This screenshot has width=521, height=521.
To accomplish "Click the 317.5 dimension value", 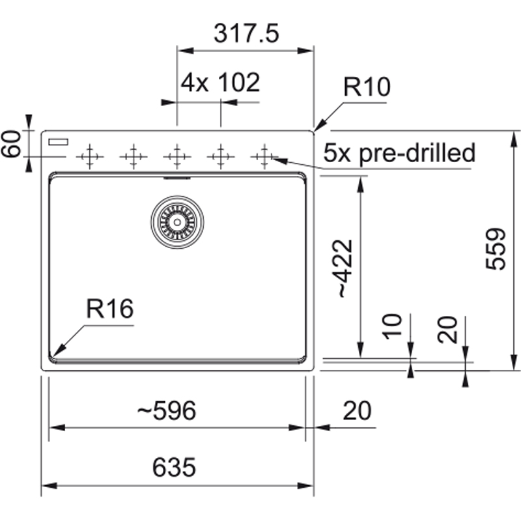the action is click(246, 34).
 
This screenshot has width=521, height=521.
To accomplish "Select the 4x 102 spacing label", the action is click(220, 83).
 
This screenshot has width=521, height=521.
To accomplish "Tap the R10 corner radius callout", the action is click(367, 87).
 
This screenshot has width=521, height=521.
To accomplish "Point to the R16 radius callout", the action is click(110, 309).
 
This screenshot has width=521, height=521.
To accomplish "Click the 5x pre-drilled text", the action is click(399, 153).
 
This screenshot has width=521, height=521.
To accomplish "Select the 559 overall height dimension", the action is click(496, 249).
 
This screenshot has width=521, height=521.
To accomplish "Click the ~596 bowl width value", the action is click(167, 410).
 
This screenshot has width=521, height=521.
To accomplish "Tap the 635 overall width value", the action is click(174, 467).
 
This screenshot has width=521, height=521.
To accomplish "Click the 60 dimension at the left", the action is click(11, 143).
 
